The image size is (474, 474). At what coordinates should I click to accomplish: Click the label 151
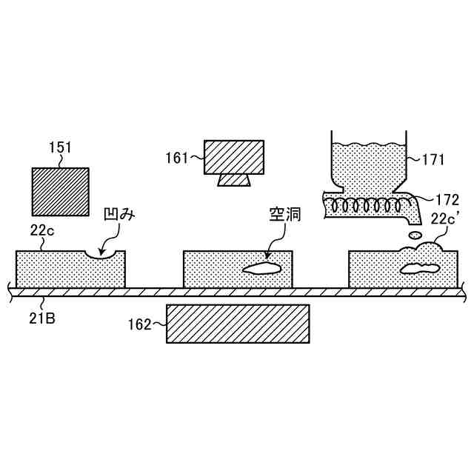61,147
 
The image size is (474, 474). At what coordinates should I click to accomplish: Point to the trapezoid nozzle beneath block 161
234,180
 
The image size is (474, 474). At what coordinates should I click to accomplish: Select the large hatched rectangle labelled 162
237,324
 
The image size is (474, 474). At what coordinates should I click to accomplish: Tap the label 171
435,158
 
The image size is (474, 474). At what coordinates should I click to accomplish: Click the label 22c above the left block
41,231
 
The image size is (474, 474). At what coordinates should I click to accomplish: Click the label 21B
41,319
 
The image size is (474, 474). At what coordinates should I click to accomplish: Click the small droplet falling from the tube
415,234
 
